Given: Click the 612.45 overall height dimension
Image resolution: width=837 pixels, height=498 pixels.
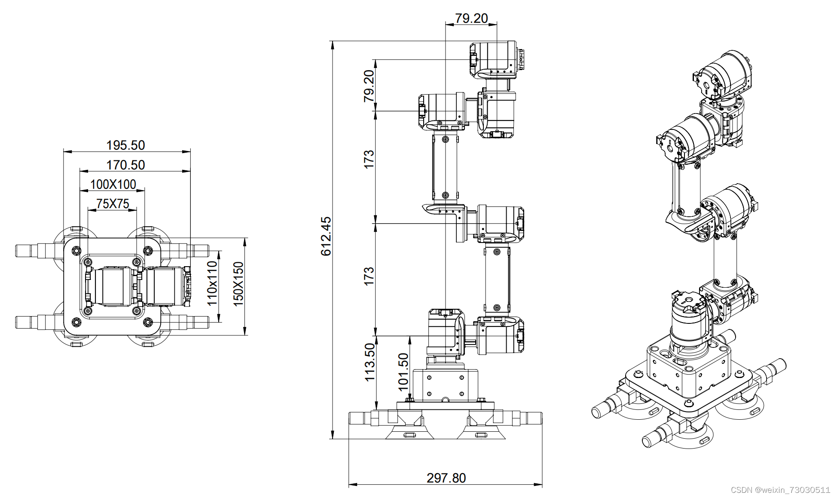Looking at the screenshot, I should click(326, 236).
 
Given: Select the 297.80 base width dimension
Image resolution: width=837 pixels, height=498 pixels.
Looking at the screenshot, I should click(446, 478).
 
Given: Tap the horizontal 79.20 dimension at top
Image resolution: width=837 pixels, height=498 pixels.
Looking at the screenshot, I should click(471, 18).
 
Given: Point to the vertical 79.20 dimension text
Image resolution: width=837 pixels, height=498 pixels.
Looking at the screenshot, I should click(369, 86).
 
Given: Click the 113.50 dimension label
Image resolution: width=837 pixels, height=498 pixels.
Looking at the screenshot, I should click(370, 362).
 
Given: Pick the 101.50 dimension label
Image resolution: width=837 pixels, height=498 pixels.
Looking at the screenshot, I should click(403, 372).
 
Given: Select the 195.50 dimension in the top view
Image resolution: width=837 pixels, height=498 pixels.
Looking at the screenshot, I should click(125, 145).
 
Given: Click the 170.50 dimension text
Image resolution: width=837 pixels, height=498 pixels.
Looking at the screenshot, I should click(125, 165).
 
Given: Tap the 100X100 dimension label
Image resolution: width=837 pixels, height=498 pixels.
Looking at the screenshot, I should click(113, 184).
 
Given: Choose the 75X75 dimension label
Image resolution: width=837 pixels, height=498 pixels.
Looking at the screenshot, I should click(113, 203).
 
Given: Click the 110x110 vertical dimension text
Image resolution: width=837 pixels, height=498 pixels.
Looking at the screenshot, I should click(212, 283).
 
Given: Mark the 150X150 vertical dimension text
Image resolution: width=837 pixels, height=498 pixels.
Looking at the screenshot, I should click(238, 284).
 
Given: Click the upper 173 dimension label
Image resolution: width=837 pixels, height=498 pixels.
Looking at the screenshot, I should click(369, 159).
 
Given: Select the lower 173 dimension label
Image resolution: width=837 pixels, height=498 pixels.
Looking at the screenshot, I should click(369, 276).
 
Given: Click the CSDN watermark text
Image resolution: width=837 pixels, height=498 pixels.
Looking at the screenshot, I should click(780, 490).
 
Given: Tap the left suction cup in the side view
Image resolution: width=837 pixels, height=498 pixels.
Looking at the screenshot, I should click(409, 430).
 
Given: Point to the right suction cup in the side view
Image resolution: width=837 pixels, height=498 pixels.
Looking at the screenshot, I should click(481, 430).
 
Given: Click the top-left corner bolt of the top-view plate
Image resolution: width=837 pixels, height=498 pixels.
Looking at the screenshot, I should click(76, 250).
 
